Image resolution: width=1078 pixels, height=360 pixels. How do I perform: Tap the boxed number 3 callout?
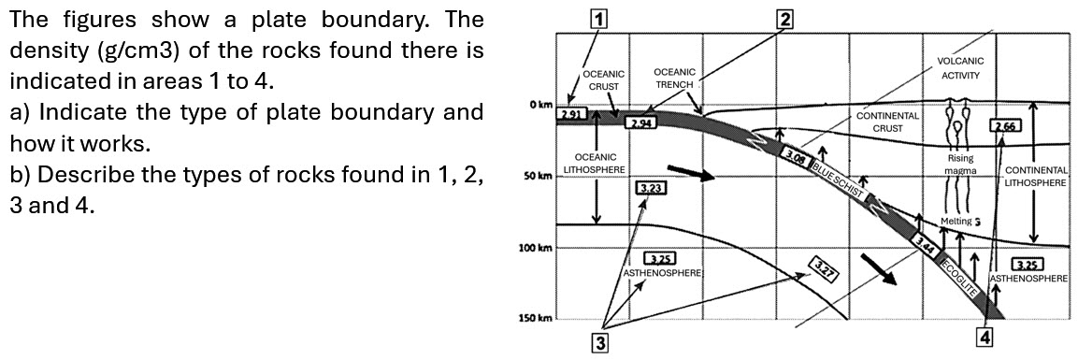pyautogui.click(x=601, y=342)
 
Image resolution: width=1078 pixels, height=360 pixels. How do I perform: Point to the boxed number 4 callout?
pyautogui.click(x=984, y=336)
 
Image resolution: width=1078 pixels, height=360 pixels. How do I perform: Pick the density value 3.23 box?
pyautogui.click(x=652, y=189)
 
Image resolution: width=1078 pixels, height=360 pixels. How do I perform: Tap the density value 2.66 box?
pyautogui.click(x=1007, y=126)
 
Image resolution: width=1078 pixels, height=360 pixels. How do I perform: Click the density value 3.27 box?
pyautogui.click(x=823, y=268)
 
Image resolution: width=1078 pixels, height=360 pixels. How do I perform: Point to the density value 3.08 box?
pyautogui.click(x=796, y=158)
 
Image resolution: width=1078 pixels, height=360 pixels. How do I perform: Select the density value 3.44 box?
pyautogui.click(x=926, y=245)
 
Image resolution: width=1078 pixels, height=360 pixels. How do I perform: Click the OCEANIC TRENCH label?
pyautogui.click(x=674, y=78)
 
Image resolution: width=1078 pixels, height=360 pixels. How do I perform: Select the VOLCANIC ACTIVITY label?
pyautogui.click(x=959, y=68)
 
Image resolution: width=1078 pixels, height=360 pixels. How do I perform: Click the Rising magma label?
pyautogui.click(x=960, y=165)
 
